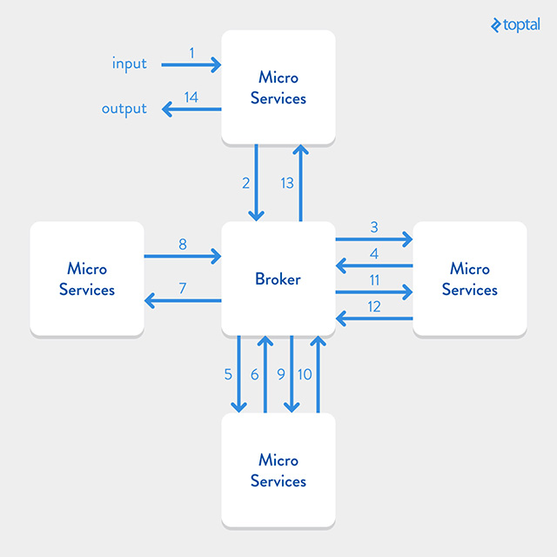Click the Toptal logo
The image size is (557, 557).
coord(514,24)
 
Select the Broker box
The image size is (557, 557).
coord(278,278)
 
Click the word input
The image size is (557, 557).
coord(130,64)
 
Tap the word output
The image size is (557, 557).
coord(124,109)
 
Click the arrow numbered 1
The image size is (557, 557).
coord(191,64)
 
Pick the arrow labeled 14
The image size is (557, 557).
coord(191,110)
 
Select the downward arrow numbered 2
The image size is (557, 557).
coord(257,183)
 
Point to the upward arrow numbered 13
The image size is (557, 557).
coord(300,183)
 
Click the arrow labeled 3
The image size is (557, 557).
coord(374,238)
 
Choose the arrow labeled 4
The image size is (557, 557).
coord(374,265)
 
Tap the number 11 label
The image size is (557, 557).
coord(374,279)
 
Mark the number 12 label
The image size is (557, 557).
coord(374,306)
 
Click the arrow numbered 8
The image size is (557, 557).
coord(183,256)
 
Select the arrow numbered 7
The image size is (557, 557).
coord(183,301)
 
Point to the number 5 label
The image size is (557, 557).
coord(228,374)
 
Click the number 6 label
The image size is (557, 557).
coord(255,374)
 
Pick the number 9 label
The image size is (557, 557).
coord(281,374)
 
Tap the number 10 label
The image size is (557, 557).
coord(305,374)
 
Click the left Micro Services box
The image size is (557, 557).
coord(87,278)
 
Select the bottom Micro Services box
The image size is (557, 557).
coord(278,470)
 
